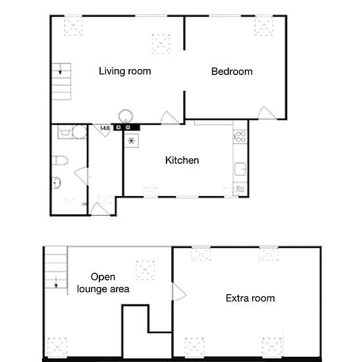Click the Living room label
click(x=125, y=71)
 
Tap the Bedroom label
click(x=232, y=72)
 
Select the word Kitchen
click(x=182, y=161)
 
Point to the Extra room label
click(x=250, y=298)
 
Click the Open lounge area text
click(x=103, y=283)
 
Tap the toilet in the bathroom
click(x=60, y=161)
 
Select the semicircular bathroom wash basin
click(x=56, y=183)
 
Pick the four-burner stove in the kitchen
click(x=240, y=137)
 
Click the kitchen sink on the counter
click(x=240, y=169)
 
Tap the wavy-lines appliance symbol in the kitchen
click(x=240, y=189)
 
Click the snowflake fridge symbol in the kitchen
click(x=132, y=141)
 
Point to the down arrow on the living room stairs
click(x=61, y=69)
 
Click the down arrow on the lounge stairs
click(x=56, y=282)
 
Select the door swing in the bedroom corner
click(x=267, y=113)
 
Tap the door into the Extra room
click(x=179, y=292)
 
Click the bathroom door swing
click(x=81, y=176)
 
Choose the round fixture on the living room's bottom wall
click(x=126, y=116)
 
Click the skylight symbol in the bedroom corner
click(x=264, y=26)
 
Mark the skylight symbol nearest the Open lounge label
click(x=145, y=270)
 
